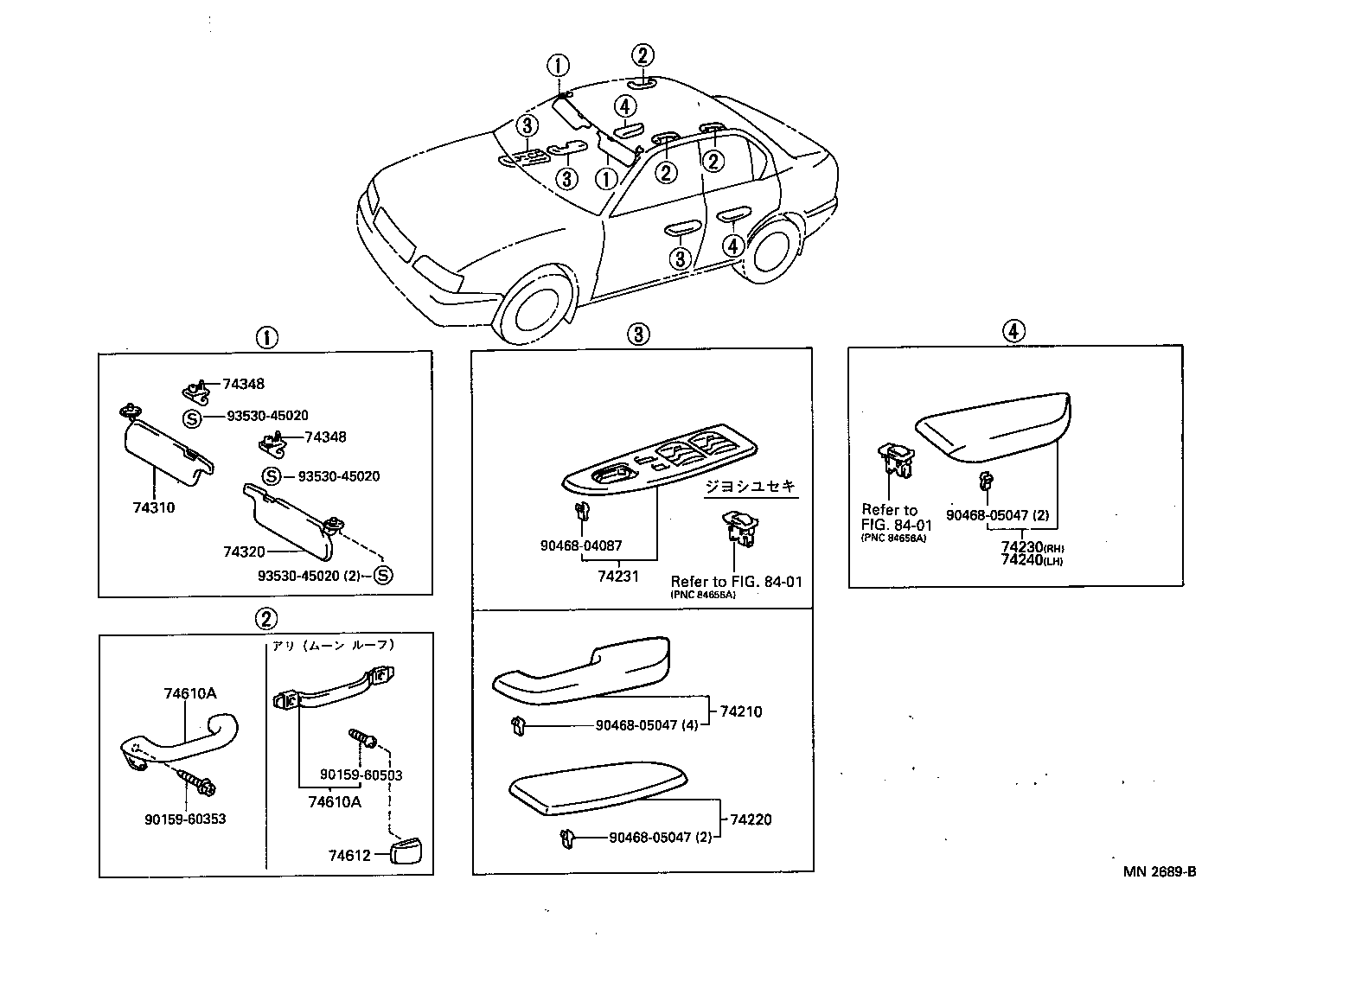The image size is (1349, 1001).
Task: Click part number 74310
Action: [153, 507]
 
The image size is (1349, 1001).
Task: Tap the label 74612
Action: [348, 856]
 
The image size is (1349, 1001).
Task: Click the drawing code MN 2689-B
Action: [1160, 871]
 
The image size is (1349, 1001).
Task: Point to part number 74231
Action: [617, 575]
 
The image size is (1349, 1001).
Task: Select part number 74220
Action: [750, 819]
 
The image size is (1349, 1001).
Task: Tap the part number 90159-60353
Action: [185, 819]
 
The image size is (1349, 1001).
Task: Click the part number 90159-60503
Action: [361, 775]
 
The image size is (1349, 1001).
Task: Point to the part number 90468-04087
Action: [580, 546]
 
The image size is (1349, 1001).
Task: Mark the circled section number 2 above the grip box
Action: [265, 618]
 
